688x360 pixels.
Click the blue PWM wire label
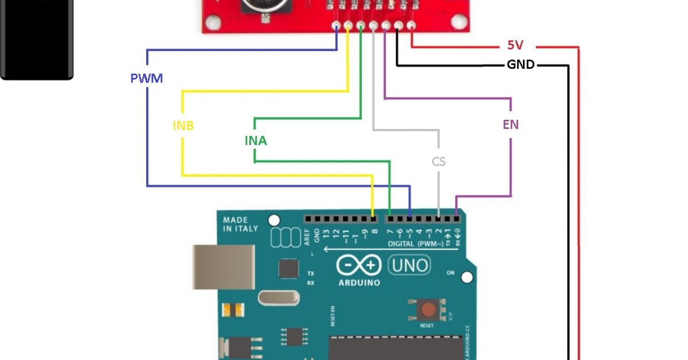pyautogui.click(x=147, y=78)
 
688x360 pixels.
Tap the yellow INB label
pyautogui.click(x=183, y=125)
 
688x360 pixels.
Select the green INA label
pyautogui.click(x=256, y=140)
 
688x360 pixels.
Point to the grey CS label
pyautogui.click(x=439, y=162)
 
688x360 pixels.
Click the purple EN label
pyautogui.click(x=510, y=124)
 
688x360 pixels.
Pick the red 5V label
pyautogui.click(x=515, y=45)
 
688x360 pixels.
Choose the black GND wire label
pyautogui.click(x=521, y=65)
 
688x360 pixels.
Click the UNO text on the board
pyautogui.click(x=409, y=265)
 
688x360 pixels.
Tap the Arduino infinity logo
pyautogui.click(x=359, y=265)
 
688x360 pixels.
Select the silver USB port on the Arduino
pyautogui.click(x=224, y=267)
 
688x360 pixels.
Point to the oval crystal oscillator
pyautogui.click(x=279, y=298)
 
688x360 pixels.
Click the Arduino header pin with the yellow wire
pyautogui.click(x=374, y=218)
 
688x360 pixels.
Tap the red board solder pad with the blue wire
pyautogui.click(x=336, y=25)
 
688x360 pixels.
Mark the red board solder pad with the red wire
pyautogui.click(x=411, y=25)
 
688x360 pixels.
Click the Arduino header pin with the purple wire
pyautogui.click(x=456, y=218)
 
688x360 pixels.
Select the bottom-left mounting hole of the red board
pyautogui.click(x=212, y=22)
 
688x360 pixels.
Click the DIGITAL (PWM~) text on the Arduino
pyautogui.click(x=415, y=244)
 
